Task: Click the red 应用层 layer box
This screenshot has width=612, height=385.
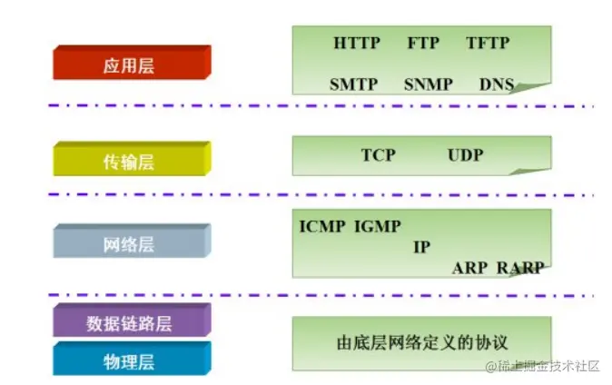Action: click(131, 64)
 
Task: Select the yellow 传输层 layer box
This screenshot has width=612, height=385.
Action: click(131, 161)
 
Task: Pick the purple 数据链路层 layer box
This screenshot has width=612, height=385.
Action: click(131, 322)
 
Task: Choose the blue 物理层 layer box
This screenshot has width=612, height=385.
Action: click(131, 360)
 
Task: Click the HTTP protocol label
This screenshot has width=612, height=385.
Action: click(357, 43)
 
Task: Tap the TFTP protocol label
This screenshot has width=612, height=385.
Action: click(488, 43)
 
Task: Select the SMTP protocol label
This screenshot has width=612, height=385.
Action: click(354, 84)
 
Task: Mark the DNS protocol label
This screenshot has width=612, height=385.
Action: click(497, 84)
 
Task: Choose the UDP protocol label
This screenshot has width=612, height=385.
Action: click(465, 154)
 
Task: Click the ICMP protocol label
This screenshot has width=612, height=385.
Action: click(322, 226)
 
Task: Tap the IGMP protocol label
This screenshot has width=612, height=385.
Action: click(378, 226)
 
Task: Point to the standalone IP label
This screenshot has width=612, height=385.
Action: click(421, 247)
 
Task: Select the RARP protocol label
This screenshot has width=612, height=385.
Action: click(521, 268)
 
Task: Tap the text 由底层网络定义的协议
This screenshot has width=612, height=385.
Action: click(421, 342)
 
